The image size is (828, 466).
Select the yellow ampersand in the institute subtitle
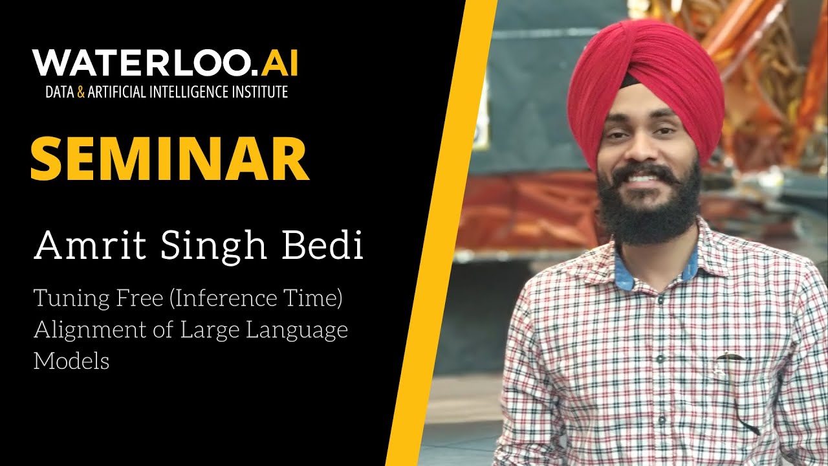click(x=81, y=92)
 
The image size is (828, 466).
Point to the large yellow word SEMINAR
click(x=169, y=159)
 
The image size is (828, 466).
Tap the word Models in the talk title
click(x=71, y=361)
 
